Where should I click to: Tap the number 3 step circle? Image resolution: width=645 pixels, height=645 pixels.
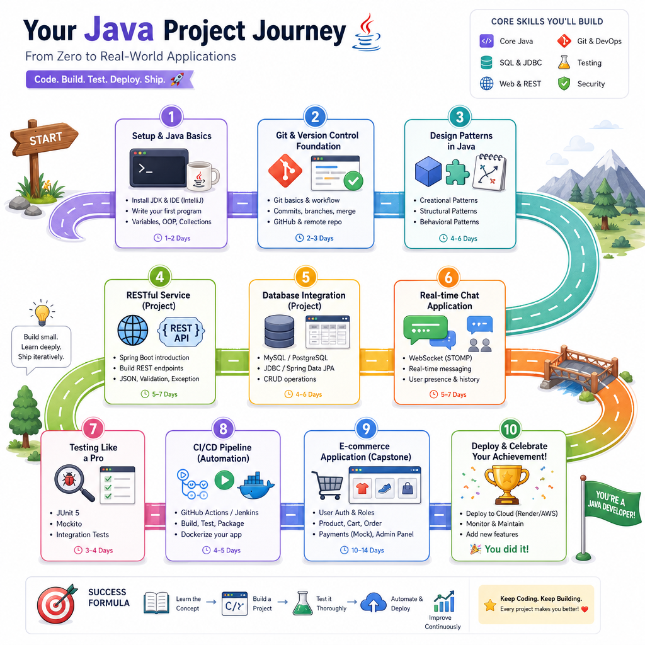point(460,117)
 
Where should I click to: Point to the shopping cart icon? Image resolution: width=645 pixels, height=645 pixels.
point(328,486)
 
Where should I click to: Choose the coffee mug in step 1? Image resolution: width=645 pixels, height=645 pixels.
point(202,176)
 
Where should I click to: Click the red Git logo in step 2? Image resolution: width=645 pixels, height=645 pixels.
point(285,171)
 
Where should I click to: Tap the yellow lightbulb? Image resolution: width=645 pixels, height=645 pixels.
point(42,313)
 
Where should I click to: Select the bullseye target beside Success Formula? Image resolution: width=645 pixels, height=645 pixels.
point(57,604)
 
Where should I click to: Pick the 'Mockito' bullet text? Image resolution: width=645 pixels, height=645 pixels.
point(69,523)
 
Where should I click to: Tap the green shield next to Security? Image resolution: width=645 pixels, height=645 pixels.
point(564,84)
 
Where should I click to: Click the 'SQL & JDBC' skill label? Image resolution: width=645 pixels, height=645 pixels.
point(520,62)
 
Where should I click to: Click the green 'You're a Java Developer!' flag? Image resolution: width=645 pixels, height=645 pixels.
point(612,503)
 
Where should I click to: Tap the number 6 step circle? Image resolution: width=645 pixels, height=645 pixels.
point(448,277)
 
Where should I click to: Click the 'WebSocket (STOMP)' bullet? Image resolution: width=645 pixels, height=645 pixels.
point(440,358)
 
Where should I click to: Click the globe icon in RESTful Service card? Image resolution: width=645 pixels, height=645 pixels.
point(133,330)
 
